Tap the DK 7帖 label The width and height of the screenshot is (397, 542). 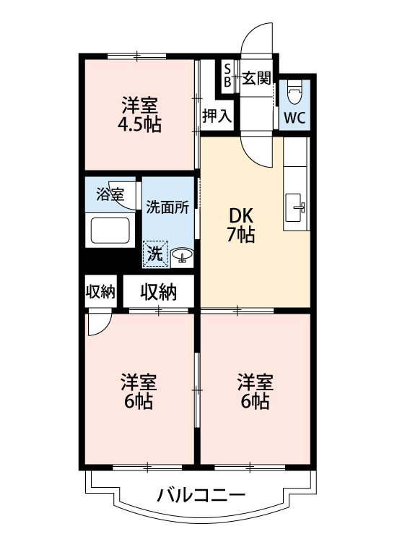pos(241,225)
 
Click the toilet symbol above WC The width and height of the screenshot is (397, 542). pos(295,92)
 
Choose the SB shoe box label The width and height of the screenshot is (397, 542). pos(227,75)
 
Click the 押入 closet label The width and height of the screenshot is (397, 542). pos(217,116)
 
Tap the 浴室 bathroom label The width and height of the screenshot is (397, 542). pos(110,194)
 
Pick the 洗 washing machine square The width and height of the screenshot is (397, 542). pos(155,253)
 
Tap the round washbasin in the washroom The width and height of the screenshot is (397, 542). pos(180,254)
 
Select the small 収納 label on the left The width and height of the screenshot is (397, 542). pos(100,292)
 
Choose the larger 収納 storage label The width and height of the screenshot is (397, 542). pos(158,292)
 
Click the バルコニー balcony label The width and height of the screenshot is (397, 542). pos(201,496)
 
